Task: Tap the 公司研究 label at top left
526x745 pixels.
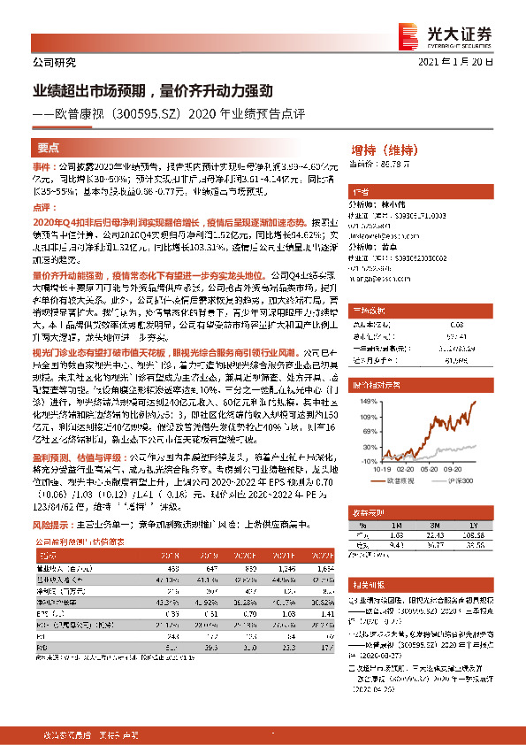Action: click(x=55, y=63)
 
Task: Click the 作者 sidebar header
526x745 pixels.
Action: click(x=360, y=192)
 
